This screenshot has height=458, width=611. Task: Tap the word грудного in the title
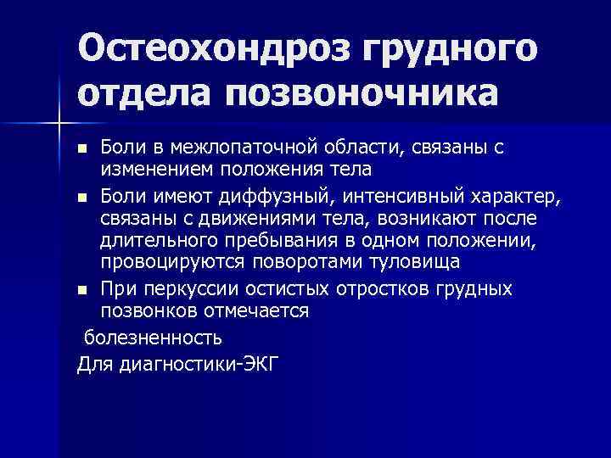(x=452, y=48)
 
